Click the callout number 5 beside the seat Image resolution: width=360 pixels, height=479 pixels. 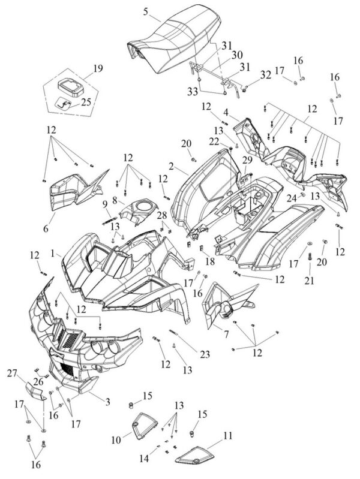coord(145,12)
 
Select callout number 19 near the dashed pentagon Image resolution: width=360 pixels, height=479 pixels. coord(98,68)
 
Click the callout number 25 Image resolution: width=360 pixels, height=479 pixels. coord(86,102)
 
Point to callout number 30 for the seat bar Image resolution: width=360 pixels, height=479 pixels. coord(237,55)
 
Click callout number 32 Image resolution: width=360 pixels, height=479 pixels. coord(265,74)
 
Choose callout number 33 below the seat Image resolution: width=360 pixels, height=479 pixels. coord(193,91)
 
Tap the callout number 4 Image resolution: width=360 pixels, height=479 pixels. coord(226,112)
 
